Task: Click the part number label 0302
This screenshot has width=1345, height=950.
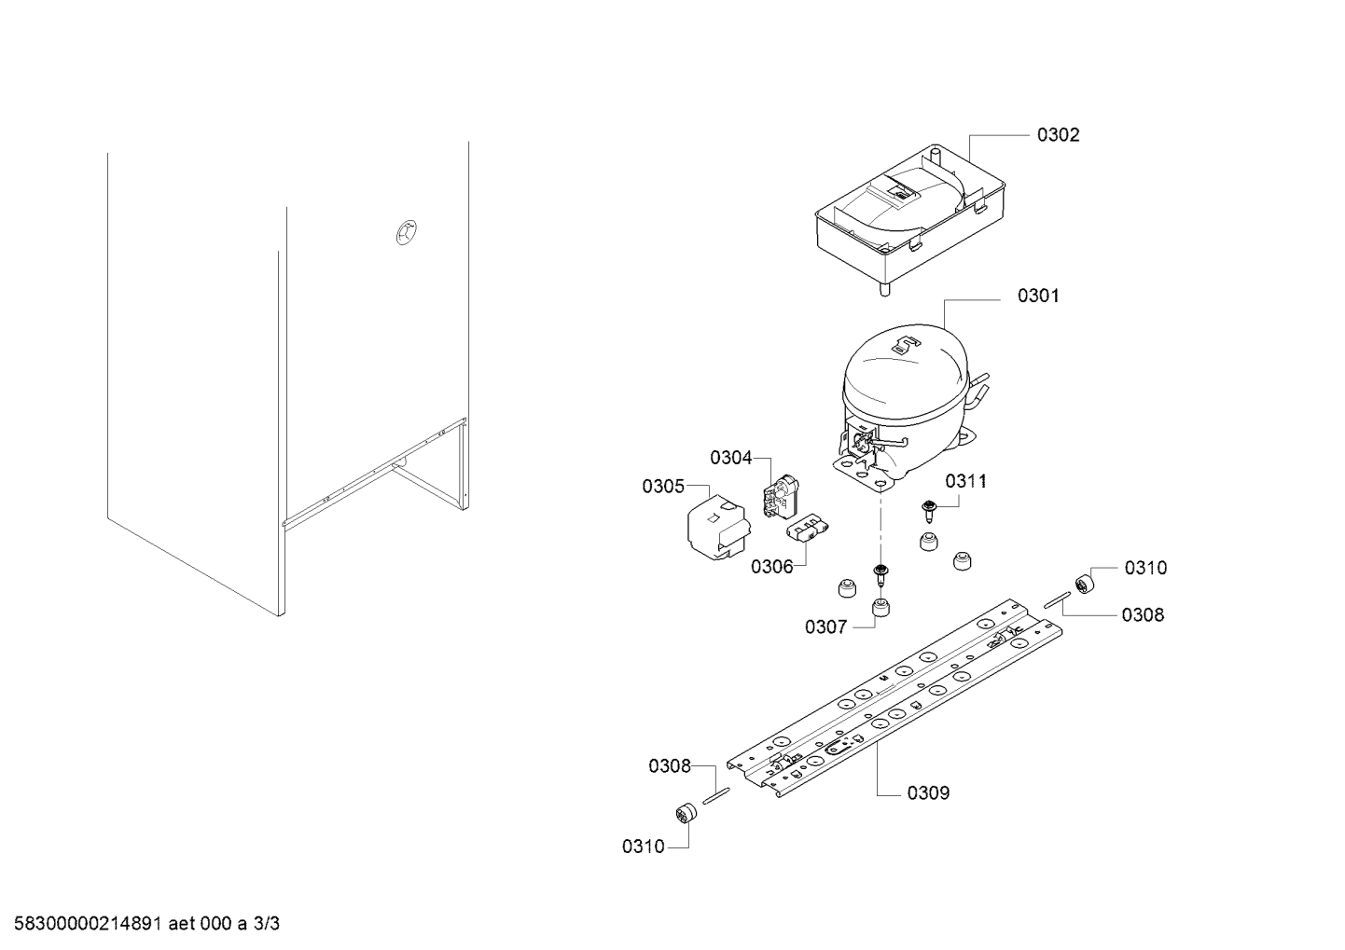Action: (1058, 135)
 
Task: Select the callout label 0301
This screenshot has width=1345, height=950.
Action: (1038, 296)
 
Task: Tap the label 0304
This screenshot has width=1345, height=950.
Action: (730, 458)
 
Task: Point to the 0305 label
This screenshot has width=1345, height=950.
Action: (663, 486)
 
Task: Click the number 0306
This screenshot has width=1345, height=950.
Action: (772, 567)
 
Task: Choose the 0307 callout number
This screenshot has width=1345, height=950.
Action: (825, 627)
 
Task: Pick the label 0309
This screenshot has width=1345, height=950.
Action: (928, 793)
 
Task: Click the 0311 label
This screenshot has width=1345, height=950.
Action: (966, 481)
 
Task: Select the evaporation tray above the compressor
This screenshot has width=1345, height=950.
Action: (1000, 216)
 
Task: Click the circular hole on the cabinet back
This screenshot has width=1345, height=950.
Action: (407, 232)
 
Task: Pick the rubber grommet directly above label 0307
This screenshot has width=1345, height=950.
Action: (880, 607)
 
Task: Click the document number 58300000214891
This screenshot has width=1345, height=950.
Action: (88, 924)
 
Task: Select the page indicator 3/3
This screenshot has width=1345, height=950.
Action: (266, 924)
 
